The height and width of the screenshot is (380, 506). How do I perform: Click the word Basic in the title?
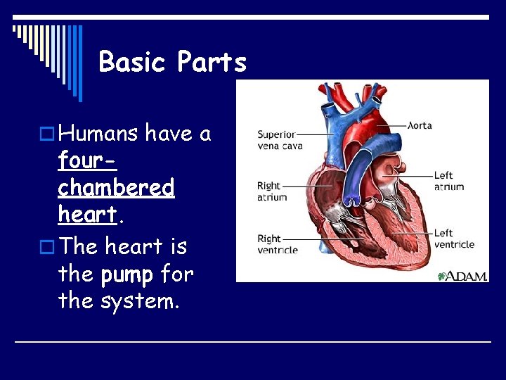point(134,62)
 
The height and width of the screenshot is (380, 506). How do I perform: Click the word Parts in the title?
point(212,62)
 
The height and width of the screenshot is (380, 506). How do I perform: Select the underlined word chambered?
point(116,188)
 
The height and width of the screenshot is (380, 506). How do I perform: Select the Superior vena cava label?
point(280,139)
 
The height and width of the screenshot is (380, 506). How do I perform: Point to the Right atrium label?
point(272,191)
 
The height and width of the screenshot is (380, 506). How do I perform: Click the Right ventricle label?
point(277,244)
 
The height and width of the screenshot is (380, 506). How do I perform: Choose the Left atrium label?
point(448,181)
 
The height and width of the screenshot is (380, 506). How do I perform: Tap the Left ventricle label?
point(453,239)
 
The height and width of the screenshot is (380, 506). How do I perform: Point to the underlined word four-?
point(87,160)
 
